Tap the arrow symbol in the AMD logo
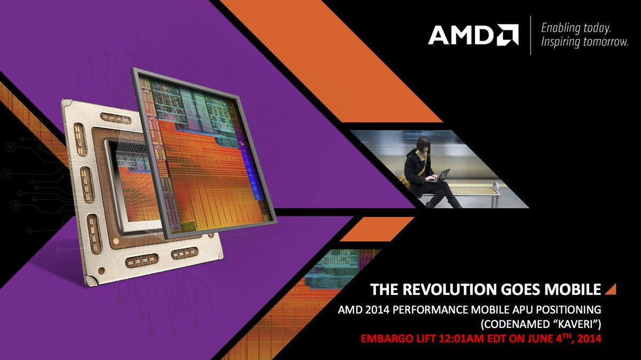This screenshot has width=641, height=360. coord(507,35)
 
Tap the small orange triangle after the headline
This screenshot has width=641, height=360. coord(611,289)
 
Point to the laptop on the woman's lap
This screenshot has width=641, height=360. coord(443,175)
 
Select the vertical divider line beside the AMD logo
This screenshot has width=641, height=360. coord(530,35)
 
